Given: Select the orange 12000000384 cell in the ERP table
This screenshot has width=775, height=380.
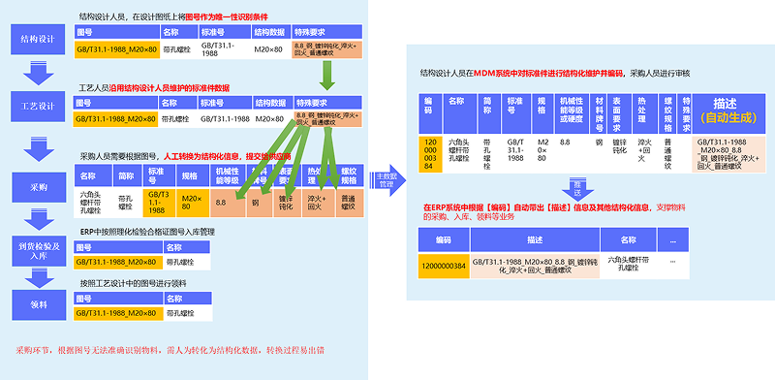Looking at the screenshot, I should tap(444, 263).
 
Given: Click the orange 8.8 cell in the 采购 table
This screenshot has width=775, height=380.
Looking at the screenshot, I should tap(223, 202).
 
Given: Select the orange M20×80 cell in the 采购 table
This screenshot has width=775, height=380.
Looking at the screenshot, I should tap(192, 202).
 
